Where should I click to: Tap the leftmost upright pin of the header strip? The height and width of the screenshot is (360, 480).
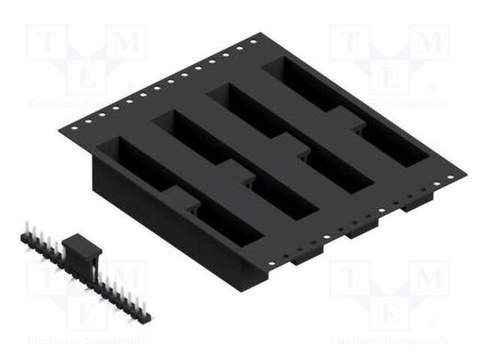[x=25, y=229]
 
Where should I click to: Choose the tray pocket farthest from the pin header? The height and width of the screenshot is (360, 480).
[x=346, y=112]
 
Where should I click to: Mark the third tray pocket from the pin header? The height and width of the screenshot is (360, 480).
[x=289, y=138]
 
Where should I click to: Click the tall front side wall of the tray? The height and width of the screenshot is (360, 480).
[x=172, y=225]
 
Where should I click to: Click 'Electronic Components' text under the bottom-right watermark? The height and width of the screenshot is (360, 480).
[x=389, y=341]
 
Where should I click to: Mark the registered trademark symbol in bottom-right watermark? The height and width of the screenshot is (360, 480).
[x=433, y=323]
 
